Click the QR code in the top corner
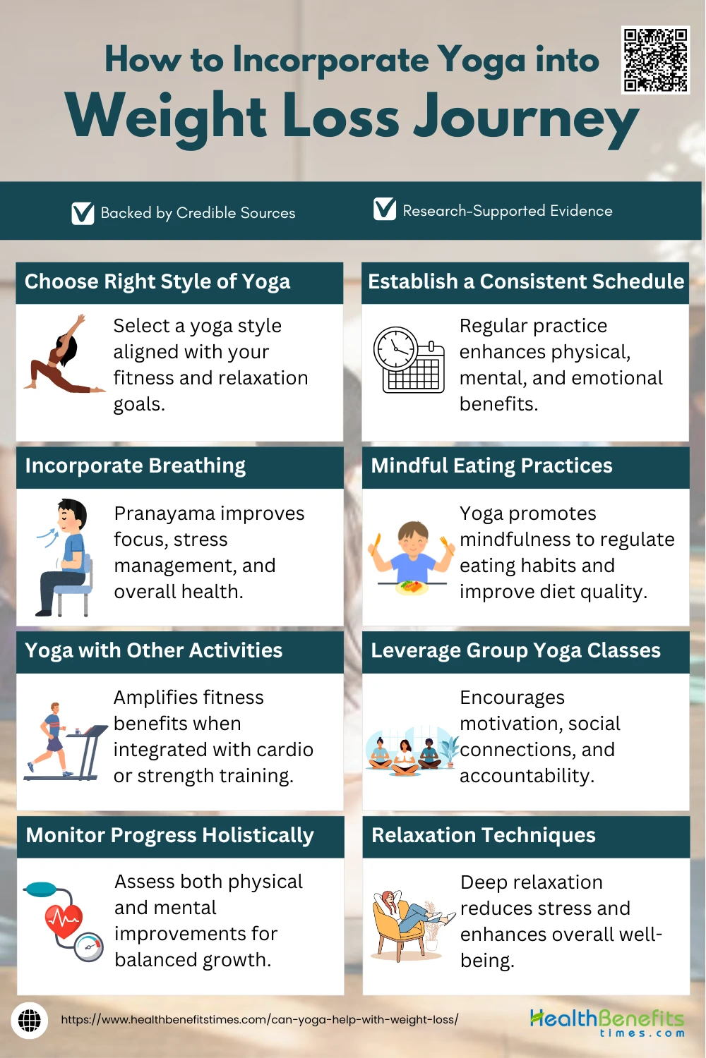(655, 60)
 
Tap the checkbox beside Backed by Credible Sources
(83, 213)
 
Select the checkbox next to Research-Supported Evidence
(385, 209)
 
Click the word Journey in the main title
(526, 118)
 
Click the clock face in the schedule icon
(396, 349)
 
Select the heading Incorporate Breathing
(136, 466)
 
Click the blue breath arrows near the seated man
(48, 537)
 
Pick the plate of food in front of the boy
(412, 587)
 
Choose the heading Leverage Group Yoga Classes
(515, 651)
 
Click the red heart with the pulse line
(64, 921)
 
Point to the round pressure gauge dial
(88, 947)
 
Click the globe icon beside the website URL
(30, 1021)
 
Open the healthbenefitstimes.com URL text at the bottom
(260, 1020)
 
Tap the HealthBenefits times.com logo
(607, 1023)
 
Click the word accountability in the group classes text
(527, 776)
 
